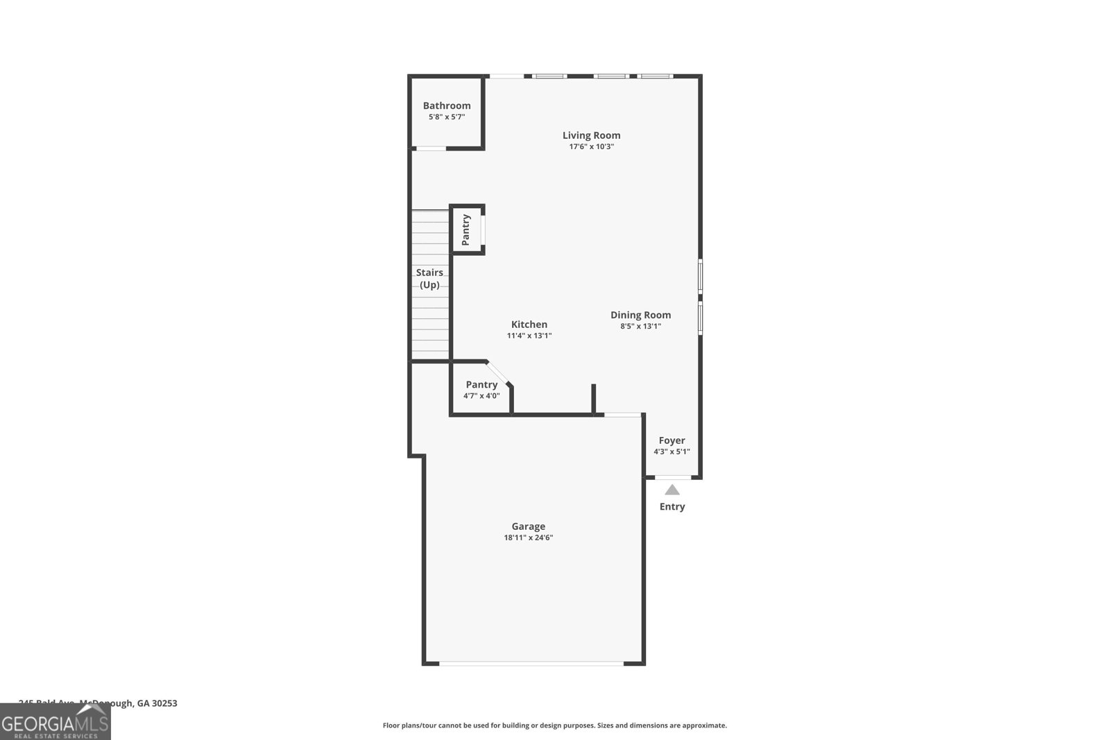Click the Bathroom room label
447,105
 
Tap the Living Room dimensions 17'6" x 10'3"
591,147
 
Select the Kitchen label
529,324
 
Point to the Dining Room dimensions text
640,326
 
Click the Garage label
529,526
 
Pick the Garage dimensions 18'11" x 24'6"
529,537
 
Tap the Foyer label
672,440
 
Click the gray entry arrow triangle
672,490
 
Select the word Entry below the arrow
672,506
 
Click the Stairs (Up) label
429,278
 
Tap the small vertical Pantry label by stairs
466,230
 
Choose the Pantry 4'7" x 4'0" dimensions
481,396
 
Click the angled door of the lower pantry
498,372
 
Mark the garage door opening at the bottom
531,664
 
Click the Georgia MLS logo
55,723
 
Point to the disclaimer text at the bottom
554,725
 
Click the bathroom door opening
430,148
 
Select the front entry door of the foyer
673,477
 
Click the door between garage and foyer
622,415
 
